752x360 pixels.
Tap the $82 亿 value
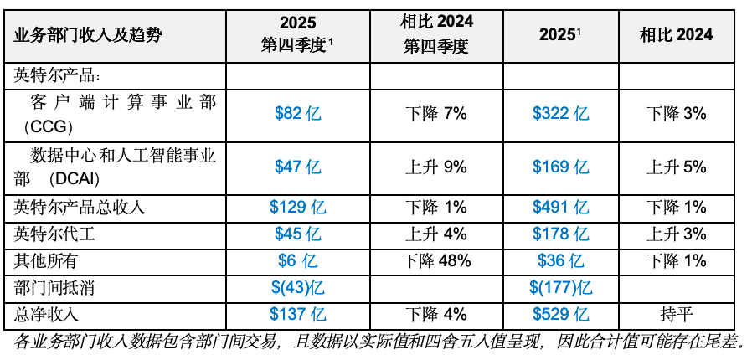(298, 114)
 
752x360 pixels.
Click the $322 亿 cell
(560, 114)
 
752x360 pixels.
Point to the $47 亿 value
(298, 167)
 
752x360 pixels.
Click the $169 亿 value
(560, 167)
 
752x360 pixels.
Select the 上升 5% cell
(677, 167)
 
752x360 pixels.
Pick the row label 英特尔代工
(54, 234)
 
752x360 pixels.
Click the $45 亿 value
(298, 234)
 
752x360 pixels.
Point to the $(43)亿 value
(298, 288)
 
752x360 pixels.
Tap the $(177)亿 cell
(560, 288)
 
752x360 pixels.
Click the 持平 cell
(677, 315)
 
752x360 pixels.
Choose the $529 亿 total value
(560, 315)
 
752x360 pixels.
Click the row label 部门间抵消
(54, 288)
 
